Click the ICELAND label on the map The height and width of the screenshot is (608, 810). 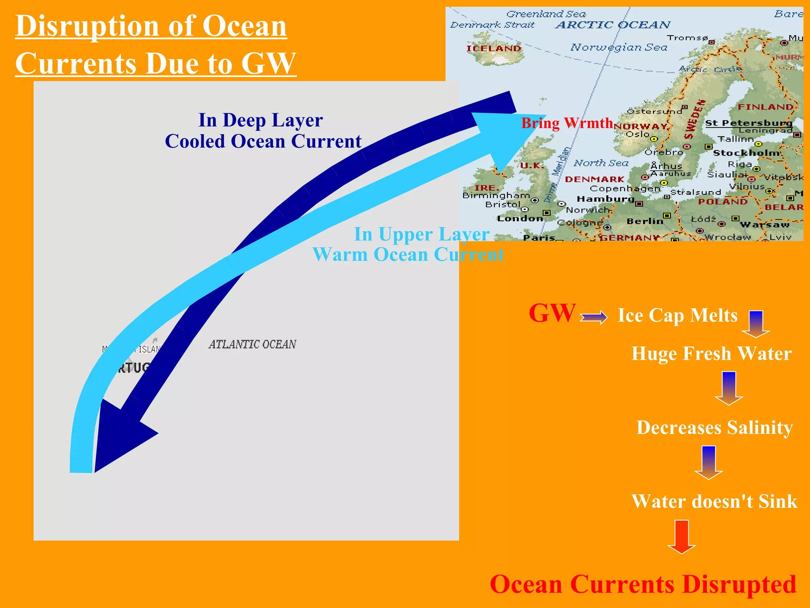pos(494,48)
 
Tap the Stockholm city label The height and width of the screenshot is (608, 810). pos(746,153)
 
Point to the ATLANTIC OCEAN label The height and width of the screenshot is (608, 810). pos(252,344)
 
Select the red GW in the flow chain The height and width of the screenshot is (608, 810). pos(552,313)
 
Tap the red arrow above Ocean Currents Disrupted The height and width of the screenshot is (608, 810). pos(681,536)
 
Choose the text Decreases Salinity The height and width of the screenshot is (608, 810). pos(714,427)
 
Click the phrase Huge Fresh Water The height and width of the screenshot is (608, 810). pos(712,353)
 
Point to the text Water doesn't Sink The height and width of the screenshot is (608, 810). pos(714,502)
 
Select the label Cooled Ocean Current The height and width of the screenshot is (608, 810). pos(263,141)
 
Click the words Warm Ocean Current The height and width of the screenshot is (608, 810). pos(408,255)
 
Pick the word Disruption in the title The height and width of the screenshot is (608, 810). pos(87,27)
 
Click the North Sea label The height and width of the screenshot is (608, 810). pos(601,163)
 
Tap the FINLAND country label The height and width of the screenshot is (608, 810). pos(765,107)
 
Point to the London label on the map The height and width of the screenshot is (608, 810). pos(520,218)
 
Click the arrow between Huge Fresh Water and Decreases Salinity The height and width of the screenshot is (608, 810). pos(729,388)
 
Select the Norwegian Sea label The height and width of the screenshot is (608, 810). pos(619,47)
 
